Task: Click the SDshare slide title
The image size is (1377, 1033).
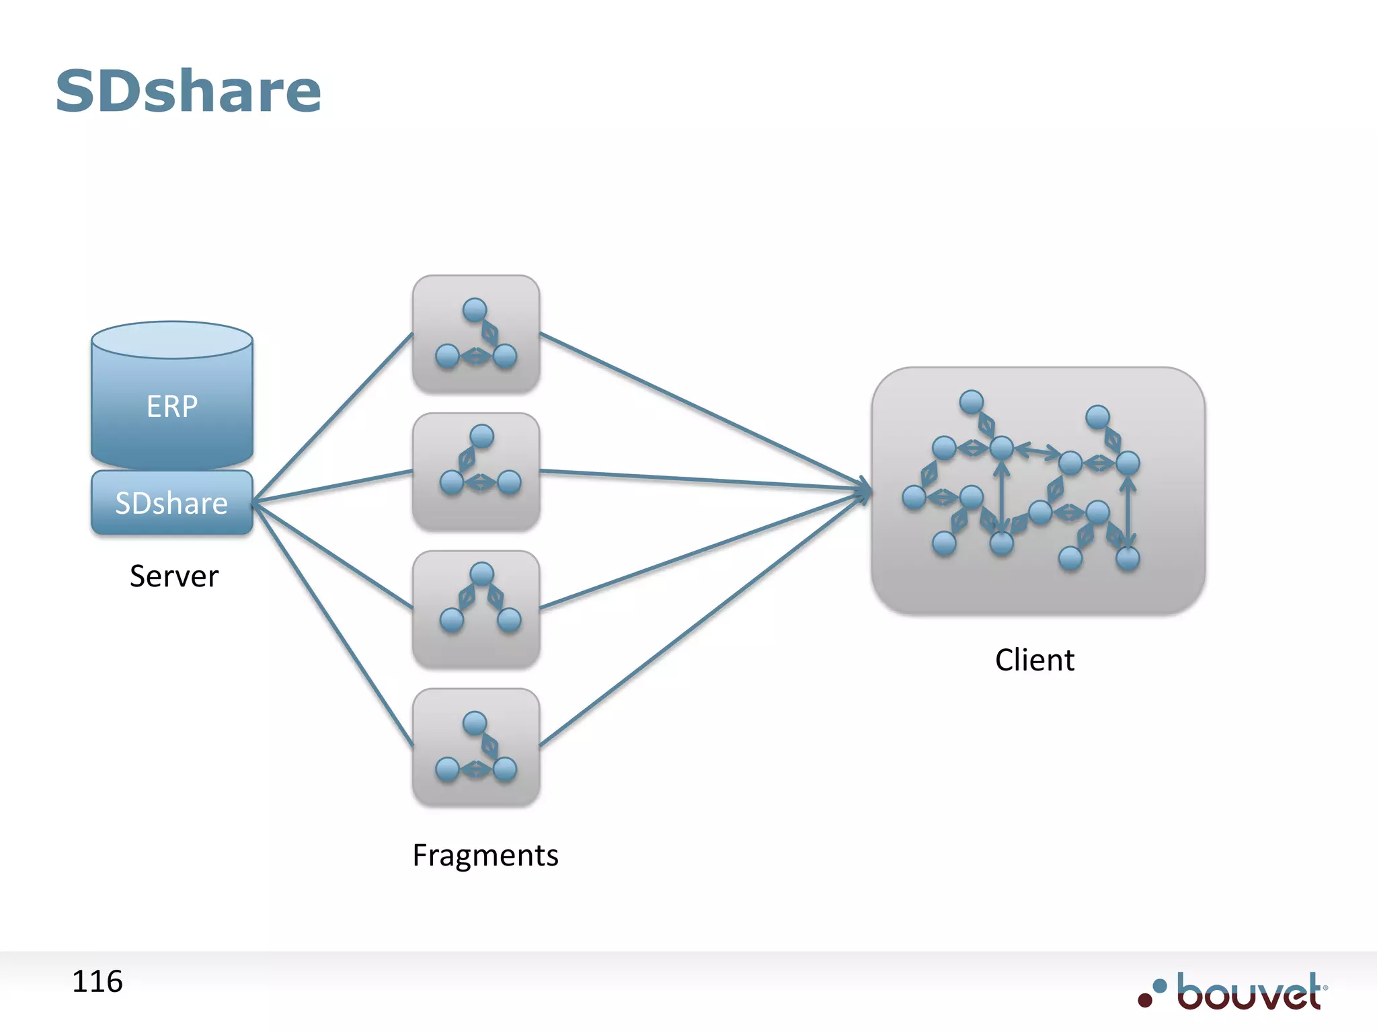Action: [x=188, y=91]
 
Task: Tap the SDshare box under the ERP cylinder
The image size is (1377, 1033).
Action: [x=172, y=503]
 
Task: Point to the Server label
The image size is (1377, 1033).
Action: [x=174, y=576]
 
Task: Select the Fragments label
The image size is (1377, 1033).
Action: [x=485, y=855]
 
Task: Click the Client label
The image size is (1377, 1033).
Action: [x=1035, y=660]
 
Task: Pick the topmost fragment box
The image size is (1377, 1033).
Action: [x=476, y=334]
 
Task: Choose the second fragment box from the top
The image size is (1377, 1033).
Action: [x=476, y=472]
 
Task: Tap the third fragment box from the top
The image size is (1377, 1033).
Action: [x=476, y=609]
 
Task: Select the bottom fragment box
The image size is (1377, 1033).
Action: [x=476, y=747]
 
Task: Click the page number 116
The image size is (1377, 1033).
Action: [x=97, y=982]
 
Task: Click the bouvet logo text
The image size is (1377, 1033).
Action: [x=1249, y=992]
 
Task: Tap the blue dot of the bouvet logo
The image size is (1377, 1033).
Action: [x=1160, y=986]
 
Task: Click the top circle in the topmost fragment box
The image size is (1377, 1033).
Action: [x=475, y=310]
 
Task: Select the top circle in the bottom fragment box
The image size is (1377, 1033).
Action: [x=475, y=723]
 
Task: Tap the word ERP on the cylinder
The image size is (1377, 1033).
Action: [x=172, y=406]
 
